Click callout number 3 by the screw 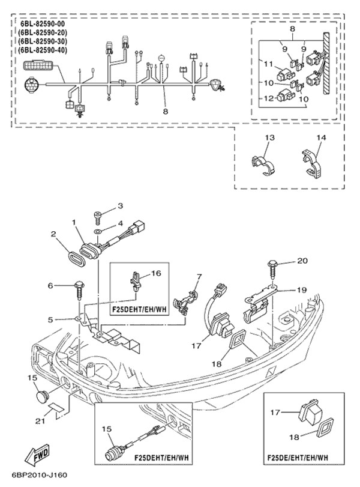coord(120,206)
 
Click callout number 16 coord(156,273)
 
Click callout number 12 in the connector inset coord(268,97)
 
